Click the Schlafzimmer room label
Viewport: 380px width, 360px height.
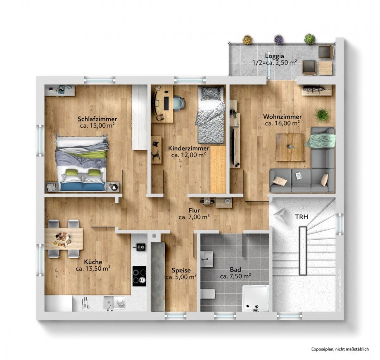[x=97, y=119]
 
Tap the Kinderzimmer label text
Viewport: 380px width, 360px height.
[x=189, y=148]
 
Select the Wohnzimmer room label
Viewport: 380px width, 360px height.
[x=283, y=117]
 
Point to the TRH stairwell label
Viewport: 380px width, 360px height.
[x=302, y=217]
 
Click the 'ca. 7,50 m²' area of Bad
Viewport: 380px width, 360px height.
[x=235, y=277]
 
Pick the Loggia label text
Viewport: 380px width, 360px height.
[x=275, y=56]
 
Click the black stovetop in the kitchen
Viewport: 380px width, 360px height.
[x=139, y=277]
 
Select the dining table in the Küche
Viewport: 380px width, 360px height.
[x=64, y=238]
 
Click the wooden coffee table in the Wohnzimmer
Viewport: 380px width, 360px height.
[x=290, y=147]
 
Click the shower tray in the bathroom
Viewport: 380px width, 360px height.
[x=255, y=298]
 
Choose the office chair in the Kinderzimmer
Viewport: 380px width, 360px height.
[x=178, y=103]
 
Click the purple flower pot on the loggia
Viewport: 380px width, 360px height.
[x=279, y=39]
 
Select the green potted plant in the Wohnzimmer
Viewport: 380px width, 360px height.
[x=322, y=115]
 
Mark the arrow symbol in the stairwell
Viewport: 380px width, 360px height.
[x=280, y=215]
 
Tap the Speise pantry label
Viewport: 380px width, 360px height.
[x=181, y=270]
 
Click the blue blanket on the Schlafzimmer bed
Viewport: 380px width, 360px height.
[x=82, y=186]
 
